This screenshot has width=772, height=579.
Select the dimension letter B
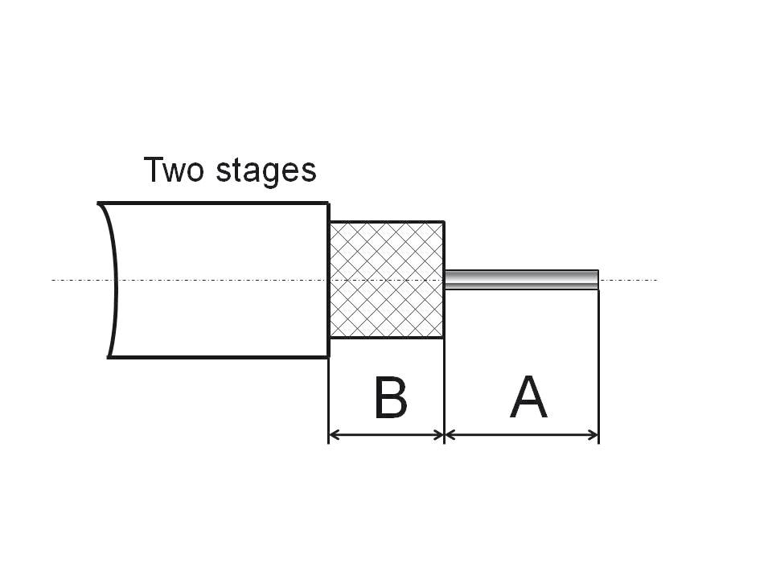[x=391, y=397]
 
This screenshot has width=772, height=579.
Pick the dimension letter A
[x=528, y=397]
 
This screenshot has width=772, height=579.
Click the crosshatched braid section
[x=387, y=280]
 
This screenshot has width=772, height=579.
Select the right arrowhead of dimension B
[x=438, y=435]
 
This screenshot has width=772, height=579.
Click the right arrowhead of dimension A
[x=593, y=435]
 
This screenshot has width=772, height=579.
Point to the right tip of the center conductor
[x=597, y=279]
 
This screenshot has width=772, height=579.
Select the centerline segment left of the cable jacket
[x=76, y=280]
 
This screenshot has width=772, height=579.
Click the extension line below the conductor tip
[x=599, y=362]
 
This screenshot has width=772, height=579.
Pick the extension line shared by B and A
[x=445, y=386]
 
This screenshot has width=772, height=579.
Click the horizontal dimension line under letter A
[x=523, y=435]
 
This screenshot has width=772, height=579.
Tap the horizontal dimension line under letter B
[x=387, y=435]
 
